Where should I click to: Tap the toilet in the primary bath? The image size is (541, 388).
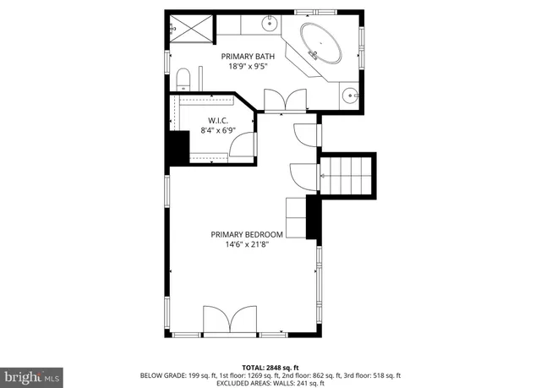point(183,81)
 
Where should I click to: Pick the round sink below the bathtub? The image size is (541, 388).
point(351,94)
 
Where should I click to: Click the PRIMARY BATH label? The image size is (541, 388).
point(243,57)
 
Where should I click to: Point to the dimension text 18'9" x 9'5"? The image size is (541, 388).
point(243,68)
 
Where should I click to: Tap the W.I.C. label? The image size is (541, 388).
point(217,121)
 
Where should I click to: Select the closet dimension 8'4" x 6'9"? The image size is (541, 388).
point(217,131)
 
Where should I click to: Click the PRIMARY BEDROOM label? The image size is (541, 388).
point(247,234)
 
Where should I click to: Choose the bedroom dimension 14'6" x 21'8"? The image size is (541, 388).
point(247,245)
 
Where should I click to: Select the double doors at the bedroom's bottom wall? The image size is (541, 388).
point(230,322)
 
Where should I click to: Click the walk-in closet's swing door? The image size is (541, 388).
point(242,145)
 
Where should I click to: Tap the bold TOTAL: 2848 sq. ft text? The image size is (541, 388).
point(270,368)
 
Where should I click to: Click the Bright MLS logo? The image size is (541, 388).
point(32,374)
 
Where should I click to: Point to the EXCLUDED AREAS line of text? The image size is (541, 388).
point(270,382)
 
